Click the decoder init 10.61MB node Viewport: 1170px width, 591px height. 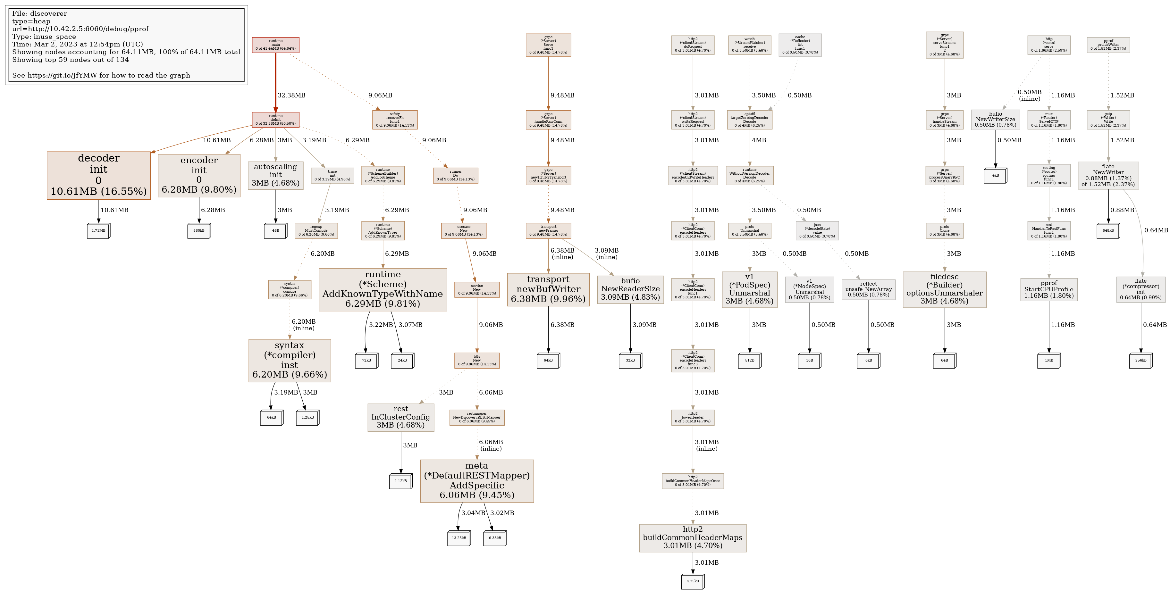[98, 175]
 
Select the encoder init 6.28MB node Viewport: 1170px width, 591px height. [199, 175]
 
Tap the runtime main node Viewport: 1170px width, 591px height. [276, 45]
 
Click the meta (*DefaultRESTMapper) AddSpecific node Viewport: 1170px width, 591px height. [477, 481]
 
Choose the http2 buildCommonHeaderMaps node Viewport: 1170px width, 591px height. [693, 538]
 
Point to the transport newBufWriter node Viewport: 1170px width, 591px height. [548, 289]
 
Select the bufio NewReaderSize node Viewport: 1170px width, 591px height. [630, 289]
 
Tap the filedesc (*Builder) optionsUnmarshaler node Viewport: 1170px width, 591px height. [945, 289]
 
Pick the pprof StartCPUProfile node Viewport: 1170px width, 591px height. [1049, 289]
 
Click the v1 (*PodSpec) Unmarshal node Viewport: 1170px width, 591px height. [749, 289]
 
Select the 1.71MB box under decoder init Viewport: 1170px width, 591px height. [98, 230]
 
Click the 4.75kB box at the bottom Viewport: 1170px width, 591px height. [693, 581]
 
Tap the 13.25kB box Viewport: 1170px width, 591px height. [459, 538]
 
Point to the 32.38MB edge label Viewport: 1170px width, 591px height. [291, 95]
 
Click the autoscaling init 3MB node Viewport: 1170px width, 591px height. [276, 175]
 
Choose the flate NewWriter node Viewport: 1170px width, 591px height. [1108, 175]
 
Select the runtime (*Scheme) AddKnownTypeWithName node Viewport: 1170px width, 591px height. [383, 289]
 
